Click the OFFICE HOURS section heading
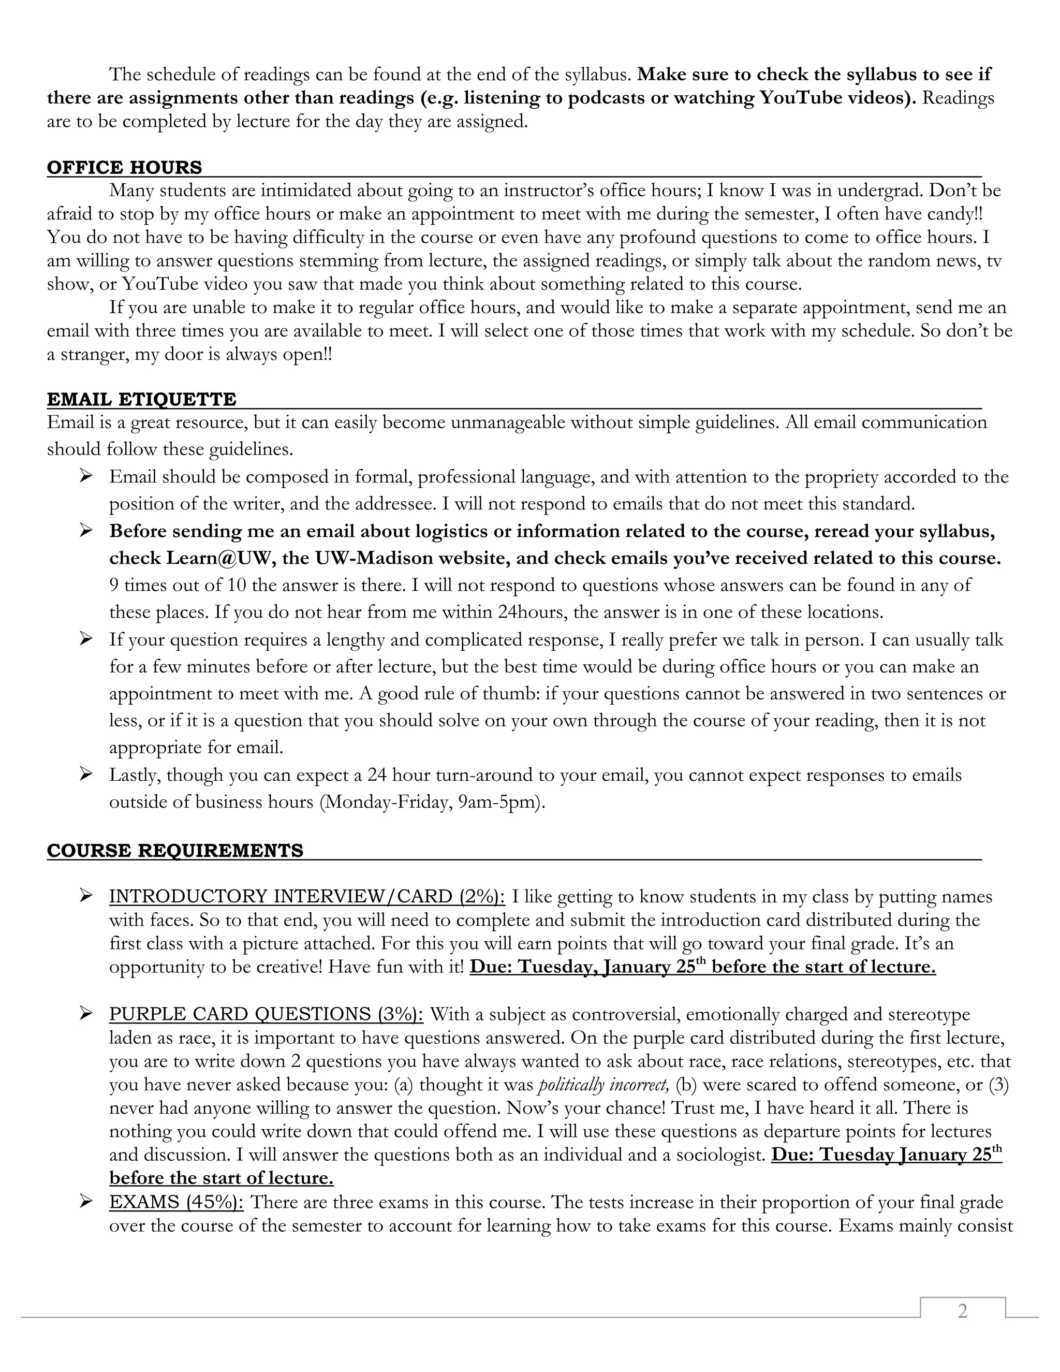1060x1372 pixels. [124, 168]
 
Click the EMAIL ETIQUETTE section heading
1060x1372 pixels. [141, 400]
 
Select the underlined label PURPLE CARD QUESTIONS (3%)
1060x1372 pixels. [266, 1015]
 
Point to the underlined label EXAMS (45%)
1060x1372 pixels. [176, 1202]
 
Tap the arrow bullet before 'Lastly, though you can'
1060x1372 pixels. [86, 775]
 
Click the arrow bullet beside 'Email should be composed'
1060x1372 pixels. [86, 477]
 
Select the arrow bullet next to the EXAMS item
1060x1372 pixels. [86, 1202]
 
